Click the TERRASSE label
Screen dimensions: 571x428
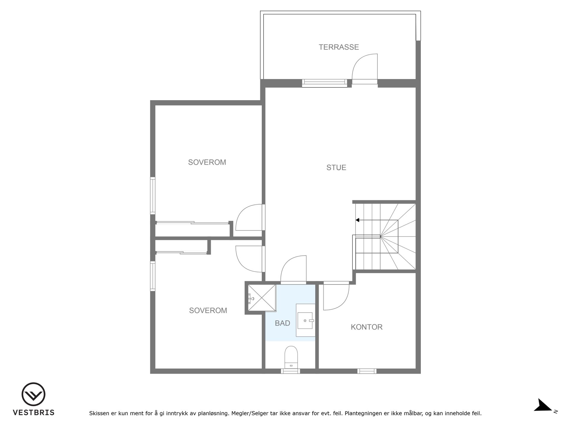339,47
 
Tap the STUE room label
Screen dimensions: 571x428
336,168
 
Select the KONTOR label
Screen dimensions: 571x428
367,327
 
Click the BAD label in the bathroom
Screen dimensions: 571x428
283,323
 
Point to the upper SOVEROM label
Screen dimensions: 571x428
207,162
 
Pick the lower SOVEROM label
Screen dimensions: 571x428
208,310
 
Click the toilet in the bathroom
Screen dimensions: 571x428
291,358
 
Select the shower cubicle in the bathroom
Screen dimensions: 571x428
262,298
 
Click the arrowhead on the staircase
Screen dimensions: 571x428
357,220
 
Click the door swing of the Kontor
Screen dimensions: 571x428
336,297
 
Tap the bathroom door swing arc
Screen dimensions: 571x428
293,268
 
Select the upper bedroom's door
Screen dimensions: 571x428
249,217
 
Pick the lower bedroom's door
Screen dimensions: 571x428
249,259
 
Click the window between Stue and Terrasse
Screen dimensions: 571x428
324,83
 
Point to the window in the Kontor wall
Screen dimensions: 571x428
367,371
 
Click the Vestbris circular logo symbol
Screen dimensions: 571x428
33,394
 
